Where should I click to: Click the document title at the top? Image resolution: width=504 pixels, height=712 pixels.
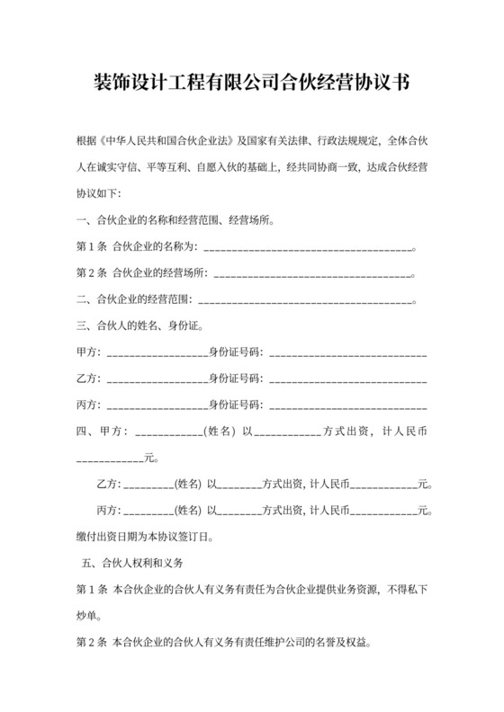pos(252,84)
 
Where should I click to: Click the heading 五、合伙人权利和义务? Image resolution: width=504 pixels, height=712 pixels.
pos(131,564)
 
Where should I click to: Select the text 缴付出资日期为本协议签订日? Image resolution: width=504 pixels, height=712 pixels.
pos(144,538)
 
